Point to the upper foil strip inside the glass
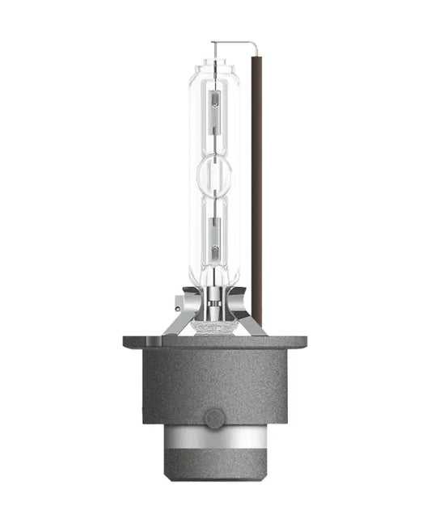pos(214,108)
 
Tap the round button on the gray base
pos(213,418)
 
